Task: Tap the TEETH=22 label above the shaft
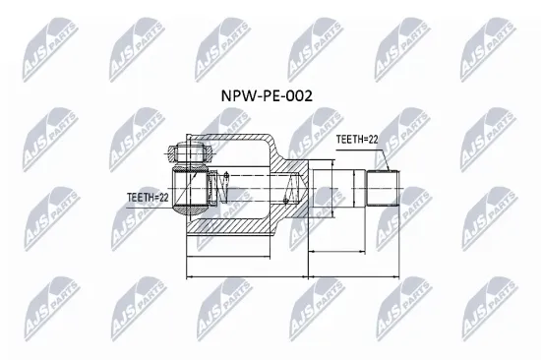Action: [x=357, y=140]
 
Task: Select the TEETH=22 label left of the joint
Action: [x=150, y=197]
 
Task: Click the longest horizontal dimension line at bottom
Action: [x=293, y=276]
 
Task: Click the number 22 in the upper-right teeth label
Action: [x=371, y=140]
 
